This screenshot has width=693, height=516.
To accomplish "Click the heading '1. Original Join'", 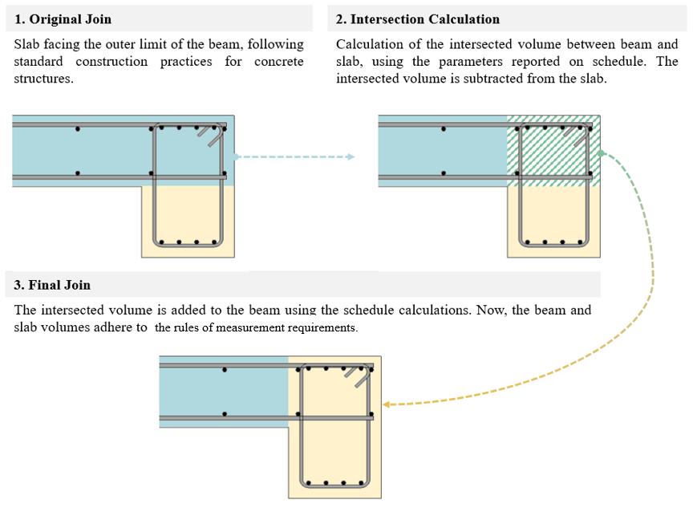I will (63, 18).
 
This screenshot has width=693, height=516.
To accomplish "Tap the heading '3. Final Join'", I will (53, 285).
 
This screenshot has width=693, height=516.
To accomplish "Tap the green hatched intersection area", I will (553, 152).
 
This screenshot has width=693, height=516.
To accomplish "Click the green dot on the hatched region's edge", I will (600, 153).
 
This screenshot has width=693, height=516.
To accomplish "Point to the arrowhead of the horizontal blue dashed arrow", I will (351, 156).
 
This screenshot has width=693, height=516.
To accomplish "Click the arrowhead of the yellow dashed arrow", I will (386, 404).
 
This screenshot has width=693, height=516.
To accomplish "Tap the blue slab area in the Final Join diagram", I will (225, 393).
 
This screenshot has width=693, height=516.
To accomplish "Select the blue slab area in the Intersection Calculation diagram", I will (441, 152).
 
